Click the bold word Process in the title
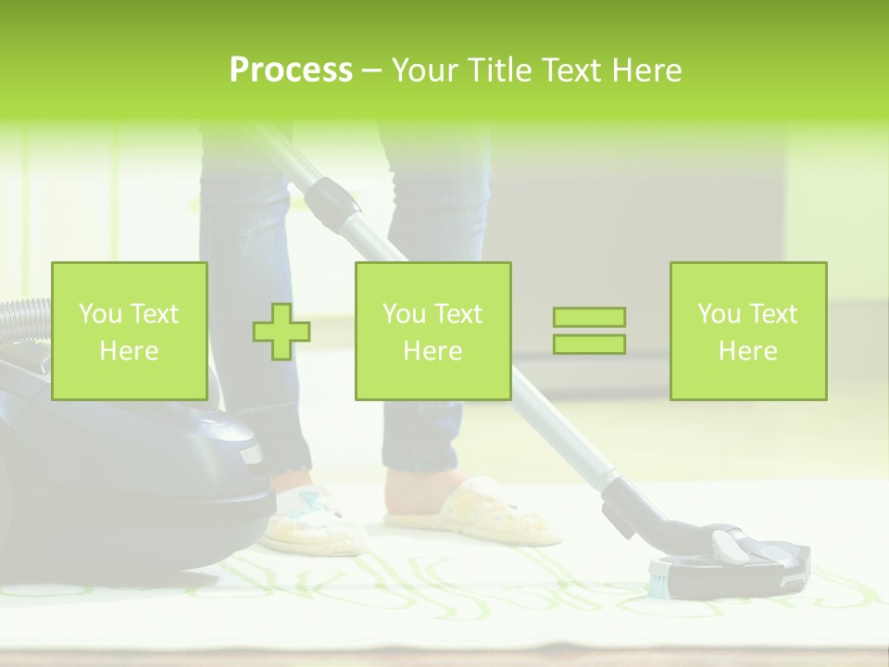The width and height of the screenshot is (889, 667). click(291, 70)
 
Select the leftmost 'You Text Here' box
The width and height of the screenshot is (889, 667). click(129, 331)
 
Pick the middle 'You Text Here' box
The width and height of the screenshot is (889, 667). click(432, 331)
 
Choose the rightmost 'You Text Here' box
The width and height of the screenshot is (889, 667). click(747, 331)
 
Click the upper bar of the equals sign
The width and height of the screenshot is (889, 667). click(589, 317)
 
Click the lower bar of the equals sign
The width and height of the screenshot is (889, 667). click(589, 344)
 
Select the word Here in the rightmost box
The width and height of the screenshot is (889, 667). click(747, 350)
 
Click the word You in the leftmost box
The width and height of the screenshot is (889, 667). click(100, 314)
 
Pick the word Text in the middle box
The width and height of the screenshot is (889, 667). click(457, 314)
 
